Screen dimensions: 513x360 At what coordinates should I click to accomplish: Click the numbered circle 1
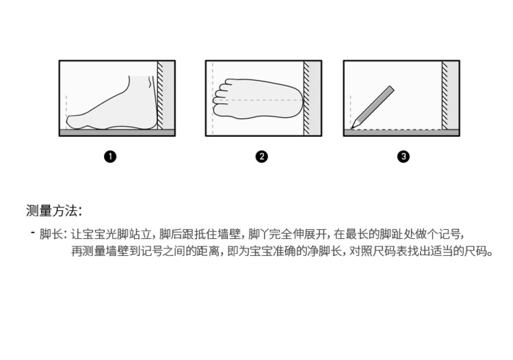click(x=110, y=157)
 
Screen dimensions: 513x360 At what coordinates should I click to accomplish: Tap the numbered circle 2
click(x=261, y=157)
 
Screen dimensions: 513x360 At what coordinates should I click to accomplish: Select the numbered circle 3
click(x=404, y=157)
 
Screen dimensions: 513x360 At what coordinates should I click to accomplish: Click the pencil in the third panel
click(x=373, y=107)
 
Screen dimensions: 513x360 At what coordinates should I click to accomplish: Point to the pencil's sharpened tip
click(x=352, y=127)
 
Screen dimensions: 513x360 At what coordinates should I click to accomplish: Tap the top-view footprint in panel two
click(x=259, y=98)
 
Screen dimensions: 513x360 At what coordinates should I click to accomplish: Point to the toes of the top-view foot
click(x=221, y=94)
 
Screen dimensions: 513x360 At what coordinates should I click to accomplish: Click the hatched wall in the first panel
click(x=160, y=95)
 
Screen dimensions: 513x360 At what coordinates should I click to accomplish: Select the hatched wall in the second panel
click(x=306, y=98)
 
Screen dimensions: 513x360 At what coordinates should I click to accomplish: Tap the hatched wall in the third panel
click(x=445, y=95)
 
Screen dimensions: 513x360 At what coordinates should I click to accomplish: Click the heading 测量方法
click(x=53, y=211)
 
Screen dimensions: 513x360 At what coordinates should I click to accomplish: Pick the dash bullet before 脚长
click(x=33, y=233)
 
